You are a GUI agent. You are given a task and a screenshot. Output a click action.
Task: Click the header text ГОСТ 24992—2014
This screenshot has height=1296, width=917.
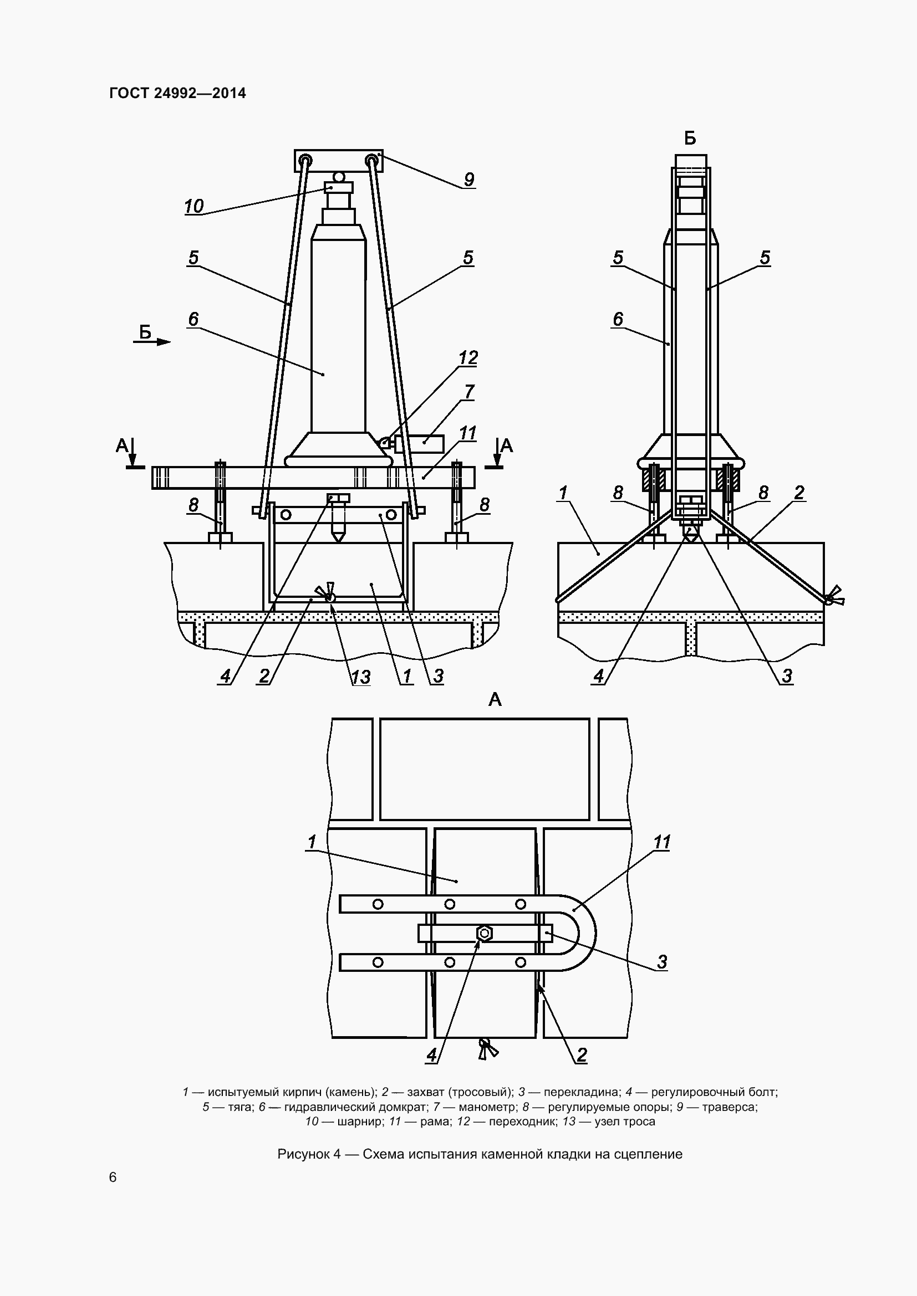[177, 93]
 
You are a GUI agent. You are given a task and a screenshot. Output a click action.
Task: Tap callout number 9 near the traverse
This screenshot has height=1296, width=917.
[468, 180]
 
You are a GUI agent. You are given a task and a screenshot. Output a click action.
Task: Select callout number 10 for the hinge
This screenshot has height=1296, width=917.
[193, 206]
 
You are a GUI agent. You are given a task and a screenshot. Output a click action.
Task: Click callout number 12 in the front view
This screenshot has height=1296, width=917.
[468, 357]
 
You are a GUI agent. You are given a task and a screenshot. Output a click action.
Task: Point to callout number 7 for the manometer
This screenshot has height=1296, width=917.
[469, 391]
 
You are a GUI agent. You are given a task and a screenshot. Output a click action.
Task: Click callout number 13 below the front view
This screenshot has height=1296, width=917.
[361, 676]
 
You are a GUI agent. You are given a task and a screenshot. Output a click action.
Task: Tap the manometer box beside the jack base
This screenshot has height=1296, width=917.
[419, 444]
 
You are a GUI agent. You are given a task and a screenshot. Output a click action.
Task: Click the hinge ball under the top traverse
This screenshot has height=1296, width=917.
[338, 177]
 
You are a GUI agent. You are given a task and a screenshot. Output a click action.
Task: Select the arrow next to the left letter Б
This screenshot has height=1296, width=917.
[160, 342]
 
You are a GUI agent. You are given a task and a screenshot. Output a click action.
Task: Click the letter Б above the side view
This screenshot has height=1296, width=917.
[690, 139]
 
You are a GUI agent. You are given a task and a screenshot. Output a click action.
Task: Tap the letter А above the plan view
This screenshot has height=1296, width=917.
[495, 700]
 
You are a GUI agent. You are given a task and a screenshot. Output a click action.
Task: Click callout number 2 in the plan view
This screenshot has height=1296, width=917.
[582, 1055]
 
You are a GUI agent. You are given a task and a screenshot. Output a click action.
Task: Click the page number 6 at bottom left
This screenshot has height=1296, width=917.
[113, 1177]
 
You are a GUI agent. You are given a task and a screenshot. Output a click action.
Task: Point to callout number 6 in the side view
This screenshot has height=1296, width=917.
[618, 319]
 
